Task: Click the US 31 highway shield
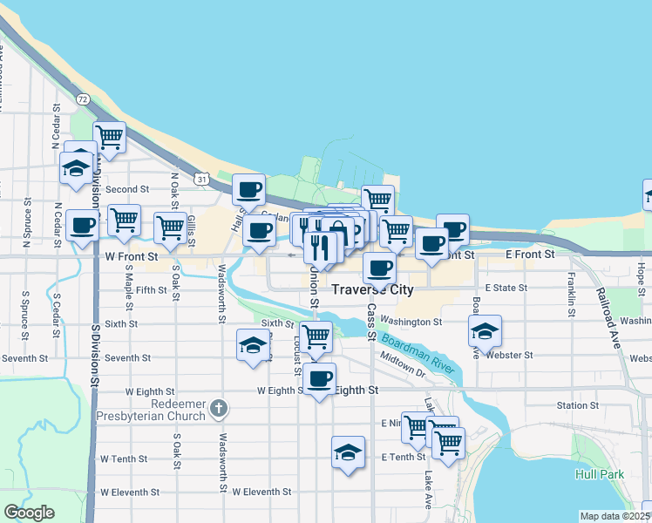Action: [202, 179]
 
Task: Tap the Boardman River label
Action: [418, 350]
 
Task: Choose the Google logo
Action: [29, 513]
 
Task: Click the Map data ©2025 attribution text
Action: [615, 516]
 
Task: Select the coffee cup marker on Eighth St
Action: [319, 379]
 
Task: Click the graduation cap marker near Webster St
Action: [485, 331]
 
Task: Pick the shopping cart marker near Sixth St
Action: [316, 336]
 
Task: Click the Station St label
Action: [578, 405]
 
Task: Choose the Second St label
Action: [128, 189]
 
